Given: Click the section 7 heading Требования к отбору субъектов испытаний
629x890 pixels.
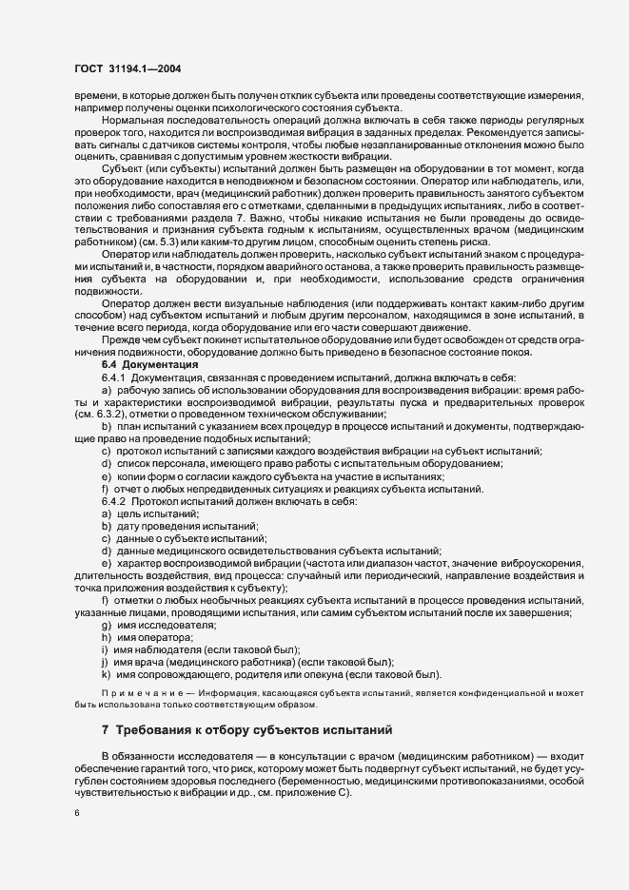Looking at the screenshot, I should (246, 730).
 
